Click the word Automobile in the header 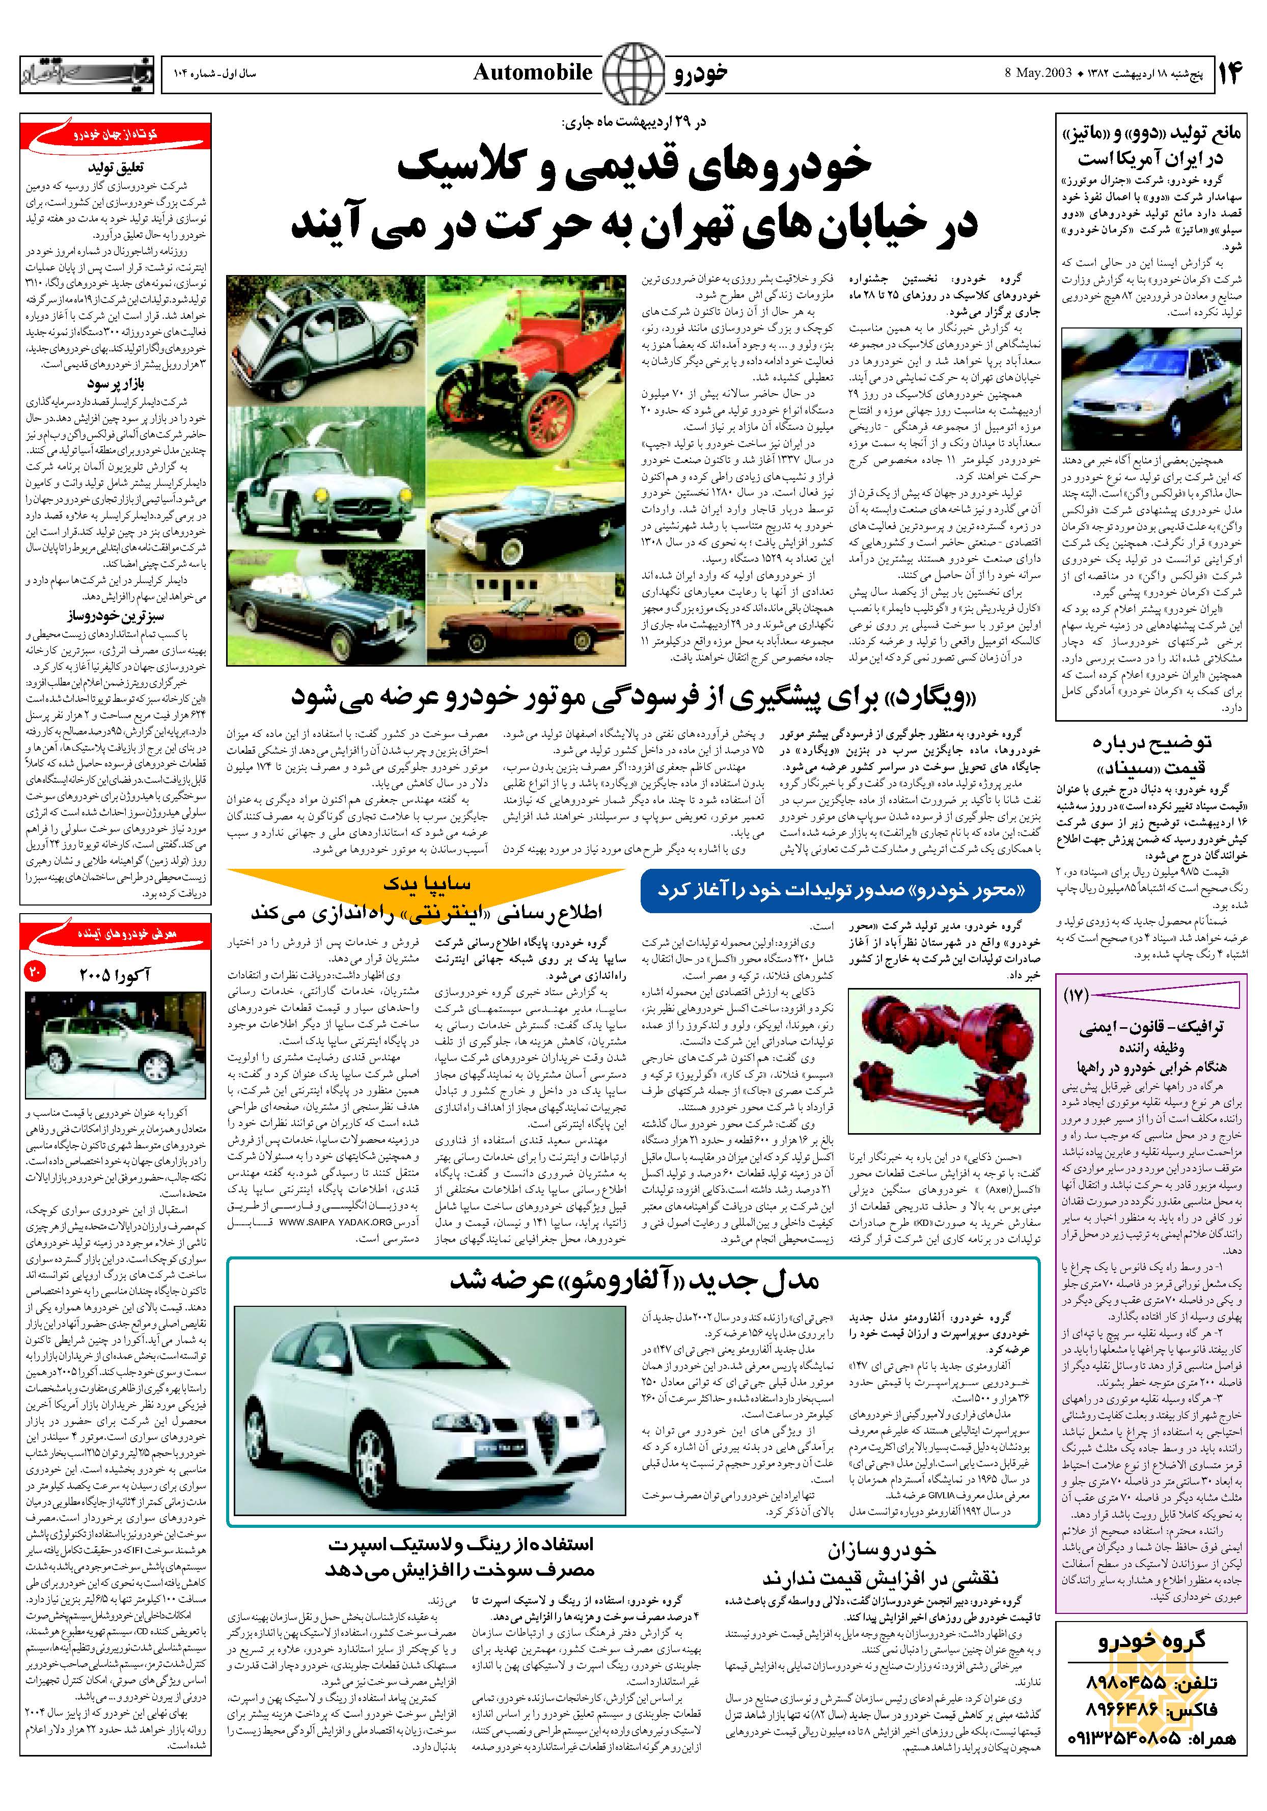(x=533, y=73)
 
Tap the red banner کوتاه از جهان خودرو (x=116, y=135)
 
